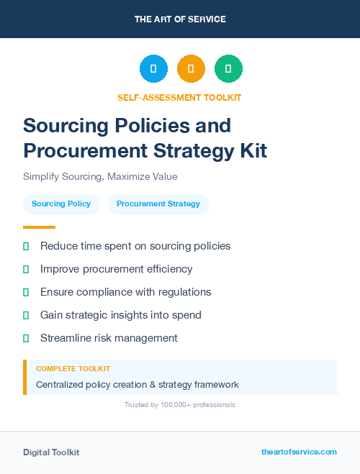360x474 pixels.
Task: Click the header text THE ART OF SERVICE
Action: pos(180,19)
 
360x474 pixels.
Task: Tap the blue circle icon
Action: pos(153,69)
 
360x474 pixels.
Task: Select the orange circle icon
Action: pos(191,69)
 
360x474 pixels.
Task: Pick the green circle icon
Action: pos(228,69)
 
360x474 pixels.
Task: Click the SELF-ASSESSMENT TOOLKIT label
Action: pos(179,97)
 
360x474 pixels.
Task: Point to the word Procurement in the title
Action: pos(79,151)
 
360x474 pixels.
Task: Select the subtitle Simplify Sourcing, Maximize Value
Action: pos(100,176)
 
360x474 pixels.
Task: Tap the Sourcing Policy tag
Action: pos(61,204)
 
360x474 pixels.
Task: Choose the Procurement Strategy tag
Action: pos(158,204)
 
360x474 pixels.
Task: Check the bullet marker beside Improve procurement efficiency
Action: pos(26,269)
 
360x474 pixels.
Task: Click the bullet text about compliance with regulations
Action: pos(125,292)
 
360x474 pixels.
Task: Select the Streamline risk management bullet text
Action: pos(109,338)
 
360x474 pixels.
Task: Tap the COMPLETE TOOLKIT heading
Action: pos(73,368)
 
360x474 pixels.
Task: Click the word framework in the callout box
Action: pos(215,385)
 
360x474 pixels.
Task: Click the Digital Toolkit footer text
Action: pos(51,452)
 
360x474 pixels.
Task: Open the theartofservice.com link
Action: pos(299,452)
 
